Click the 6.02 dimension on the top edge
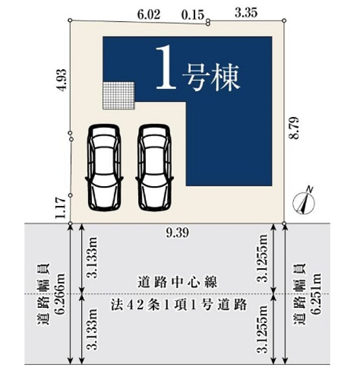pyautogui.click(x=149, y=14)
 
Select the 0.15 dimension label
pyautogui.click(x=193, y=15)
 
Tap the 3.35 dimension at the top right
pyautogui.click(x=246, y=13)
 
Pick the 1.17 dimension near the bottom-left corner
pyautogui.click(x=60, y=207)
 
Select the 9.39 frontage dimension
pyautogui.click(x=177, y=233)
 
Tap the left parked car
pyautogui.click(x=104, y=167)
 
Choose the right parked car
pyautogui.click(x=154, y=167)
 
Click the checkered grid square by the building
pyautogui.click(x=118, y=95)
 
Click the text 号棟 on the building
pyautogui.click(x=211, y=77)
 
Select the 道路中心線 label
pyautogui.click(x=177, y=282)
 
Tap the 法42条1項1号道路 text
pyautogui.click(x=179, y=305)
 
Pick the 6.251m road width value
pyautogui.click(x=316, y=294)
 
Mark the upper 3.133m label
pyautogui.click(x=92, y=258)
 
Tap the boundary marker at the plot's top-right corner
pyautogui.click(x=284, y=21)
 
